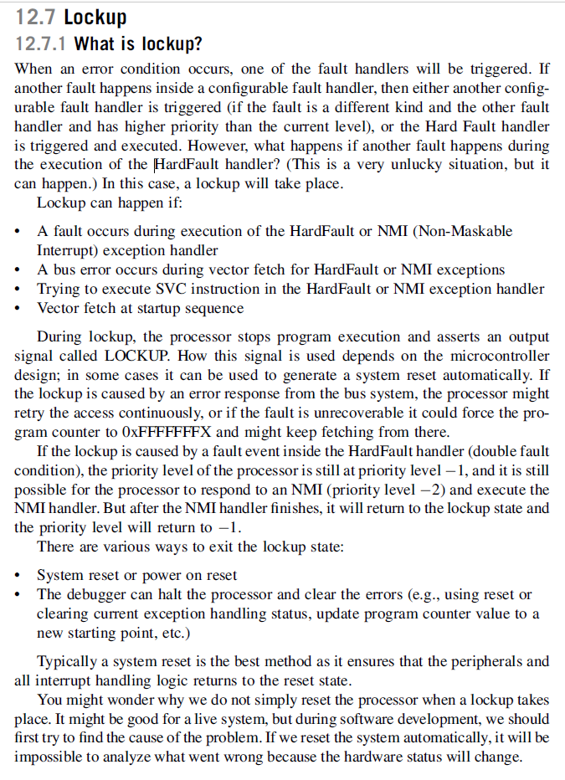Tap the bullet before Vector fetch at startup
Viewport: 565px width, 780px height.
(19, 309)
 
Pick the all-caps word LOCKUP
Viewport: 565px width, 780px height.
(152, 356)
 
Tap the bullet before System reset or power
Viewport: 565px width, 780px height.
(19, 576)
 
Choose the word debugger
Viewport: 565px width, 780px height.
(90, 595)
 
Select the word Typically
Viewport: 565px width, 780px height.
(68, 661)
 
